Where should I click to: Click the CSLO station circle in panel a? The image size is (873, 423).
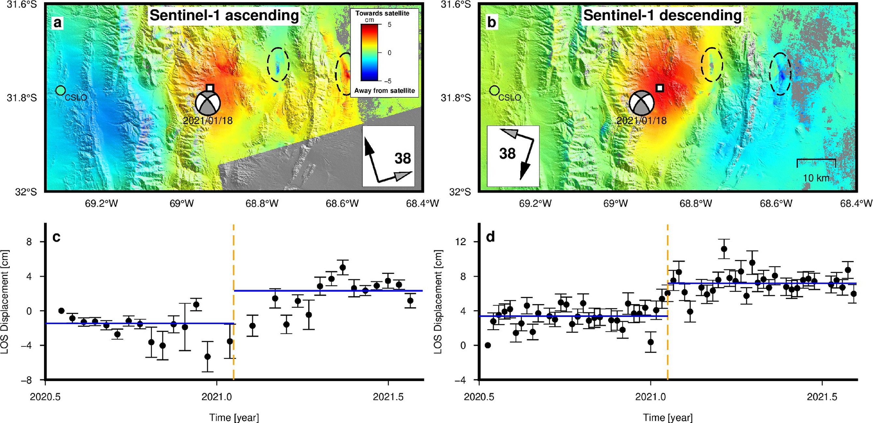pos(60,90)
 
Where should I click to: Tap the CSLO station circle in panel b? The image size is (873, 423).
pos(494,90)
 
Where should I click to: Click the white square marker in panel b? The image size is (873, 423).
pos(659,88)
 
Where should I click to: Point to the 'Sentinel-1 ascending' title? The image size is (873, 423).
pos(224,16)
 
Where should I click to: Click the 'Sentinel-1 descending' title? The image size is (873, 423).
pos(662,16)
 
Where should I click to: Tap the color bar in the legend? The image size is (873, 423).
pos(369,53)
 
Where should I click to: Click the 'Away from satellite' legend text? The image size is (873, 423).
pos(384,91)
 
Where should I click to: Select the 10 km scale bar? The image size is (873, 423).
pos(816,163)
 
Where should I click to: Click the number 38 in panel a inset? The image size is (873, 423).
pos(402,158)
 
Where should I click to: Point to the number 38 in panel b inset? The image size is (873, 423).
pos(507,154)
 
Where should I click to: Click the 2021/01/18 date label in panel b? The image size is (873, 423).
pos(641,120)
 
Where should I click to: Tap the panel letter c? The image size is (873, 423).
pos(56,237)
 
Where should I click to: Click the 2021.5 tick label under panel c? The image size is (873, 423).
pos(388,397)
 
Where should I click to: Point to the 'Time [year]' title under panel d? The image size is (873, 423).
pos(668,417)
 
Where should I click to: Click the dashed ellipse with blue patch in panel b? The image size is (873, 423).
pos(780,74)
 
